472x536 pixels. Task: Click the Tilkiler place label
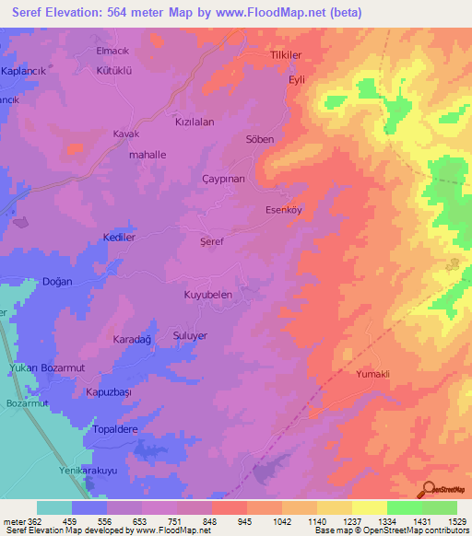[x=286, y=55]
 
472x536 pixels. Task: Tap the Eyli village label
[x=297, y=80]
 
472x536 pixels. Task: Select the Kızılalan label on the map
[x=195, y=122]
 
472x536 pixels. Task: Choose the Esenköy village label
[x=284, y=209]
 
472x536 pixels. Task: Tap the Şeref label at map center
[x=213, y=240]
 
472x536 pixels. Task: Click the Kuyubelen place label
[x=213, y=295]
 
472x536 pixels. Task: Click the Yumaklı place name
[x=374, y=375]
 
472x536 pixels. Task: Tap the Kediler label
[x=119, y=237]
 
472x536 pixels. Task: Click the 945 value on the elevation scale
[x=243, y=520]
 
